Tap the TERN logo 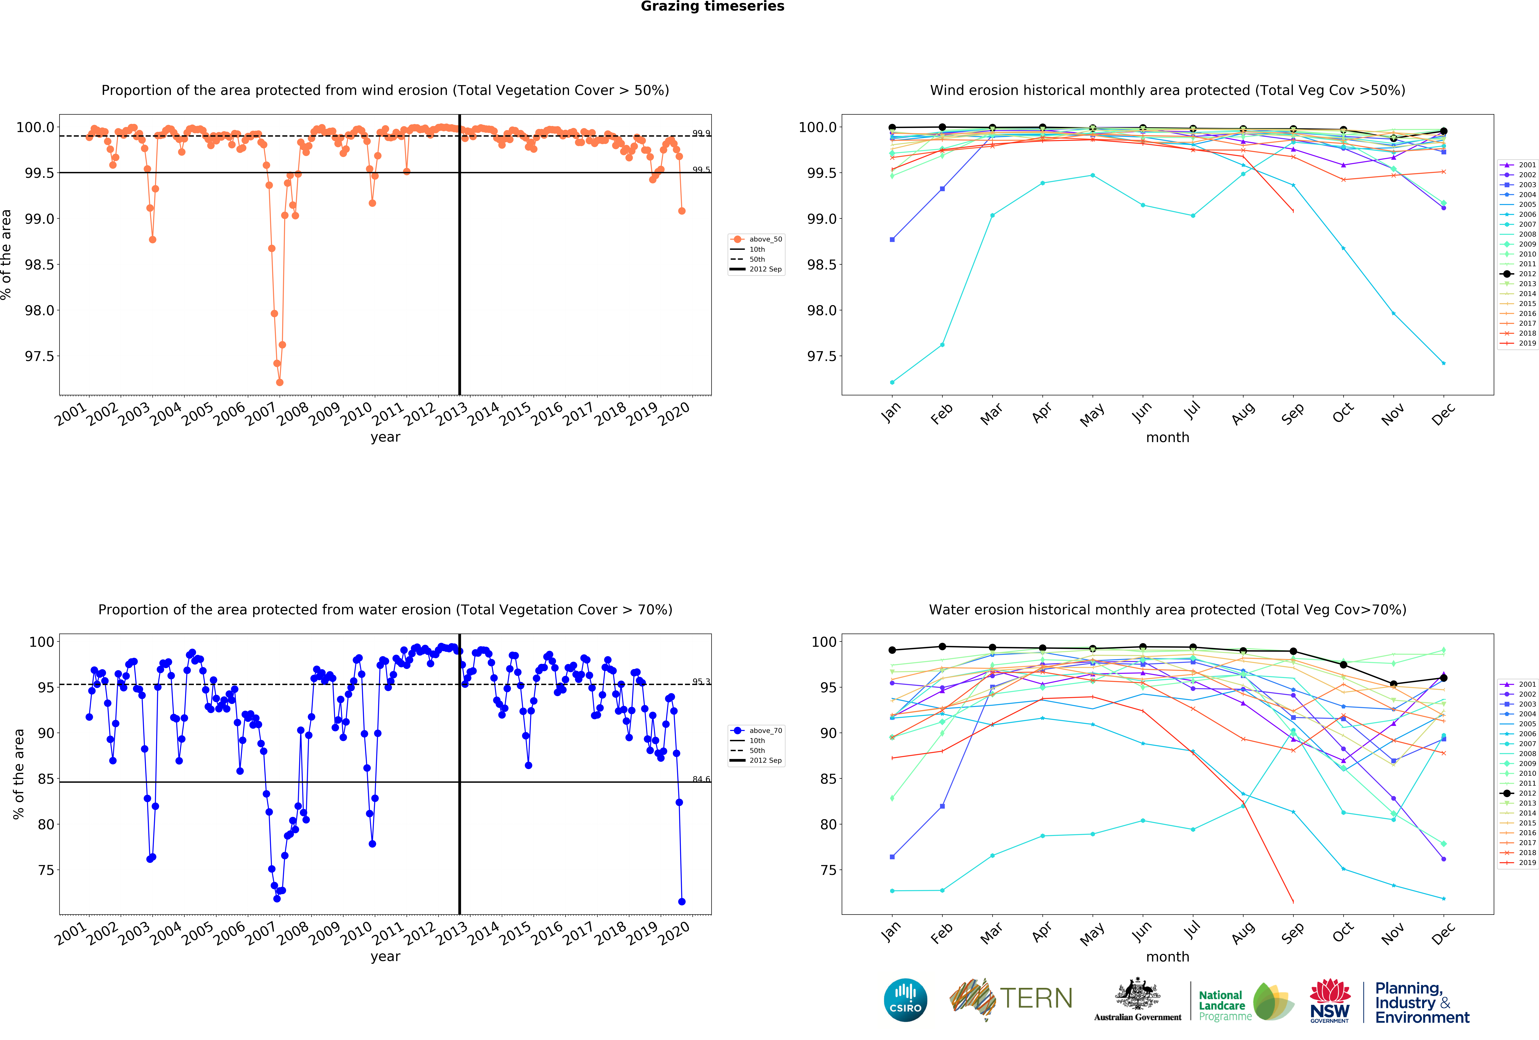[1011, 999]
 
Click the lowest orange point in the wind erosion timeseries [280, 382]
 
